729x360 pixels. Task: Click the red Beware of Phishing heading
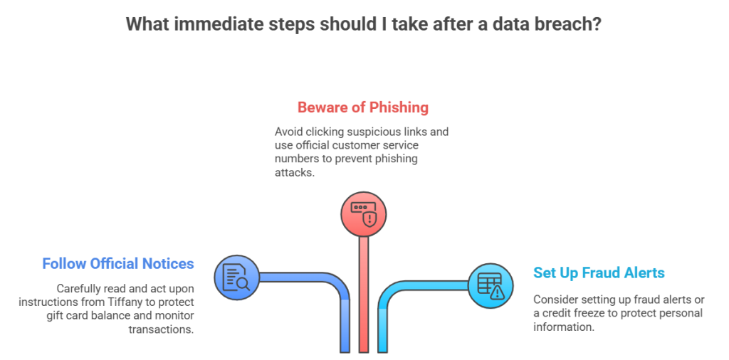pyautogui.click(x=363, y=108)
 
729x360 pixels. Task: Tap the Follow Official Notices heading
pyautogui.click(x=118, y=264)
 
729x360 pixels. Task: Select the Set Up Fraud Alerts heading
pyautogui.click(x=599, y=272)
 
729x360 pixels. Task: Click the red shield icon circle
pyautogui.click(x=363, y=214)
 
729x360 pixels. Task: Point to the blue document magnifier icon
pyautogui.click(x=236, y=277)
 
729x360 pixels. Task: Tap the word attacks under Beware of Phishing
pyautogui.click(x=293, y=172)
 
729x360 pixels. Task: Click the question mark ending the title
pyautogui.click(x=599, y=23)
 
